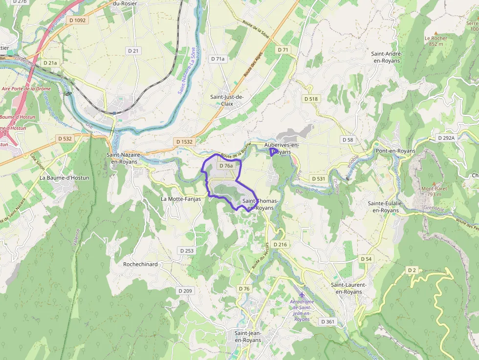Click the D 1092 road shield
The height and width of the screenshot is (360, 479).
tap(78, 20)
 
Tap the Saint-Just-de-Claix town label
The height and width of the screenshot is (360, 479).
tap(227, 100)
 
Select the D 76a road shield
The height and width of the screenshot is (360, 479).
tap(226, 166)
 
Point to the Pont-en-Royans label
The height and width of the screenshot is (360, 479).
tap(395, 151)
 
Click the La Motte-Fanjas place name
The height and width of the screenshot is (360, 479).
tap(181, 199)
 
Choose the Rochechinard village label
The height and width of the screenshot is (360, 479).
tap(140, 264)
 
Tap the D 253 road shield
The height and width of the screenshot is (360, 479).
tap(187, 251)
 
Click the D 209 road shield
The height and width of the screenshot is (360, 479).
tap(185, 291)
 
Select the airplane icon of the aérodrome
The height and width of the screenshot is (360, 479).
tap(302, 295)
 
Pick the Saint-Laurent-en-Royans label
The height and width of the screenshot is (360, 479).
tap(349, 288)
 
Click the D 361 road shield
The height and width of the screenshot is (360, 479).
tap(328, 321)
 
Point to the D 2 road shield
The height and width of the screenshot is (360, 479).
tap(412, 270)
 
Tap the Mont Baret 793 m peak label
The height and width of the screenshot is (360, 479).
tap(432, 191)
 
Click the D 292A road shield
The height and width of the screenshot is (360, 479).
tap(446, 138)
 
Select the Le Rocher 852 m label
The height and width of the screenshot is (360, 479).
tap(435, 41)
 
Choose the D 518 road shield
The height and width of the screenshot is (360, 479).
tap(311, 99)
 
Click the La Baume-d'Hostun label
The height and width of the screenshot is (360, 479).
tap(65, 178)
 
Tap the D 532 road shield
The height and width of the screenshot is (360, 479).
tap(65, 139)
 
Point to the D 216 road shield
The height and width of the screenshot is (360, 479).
tap(281, 244)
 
